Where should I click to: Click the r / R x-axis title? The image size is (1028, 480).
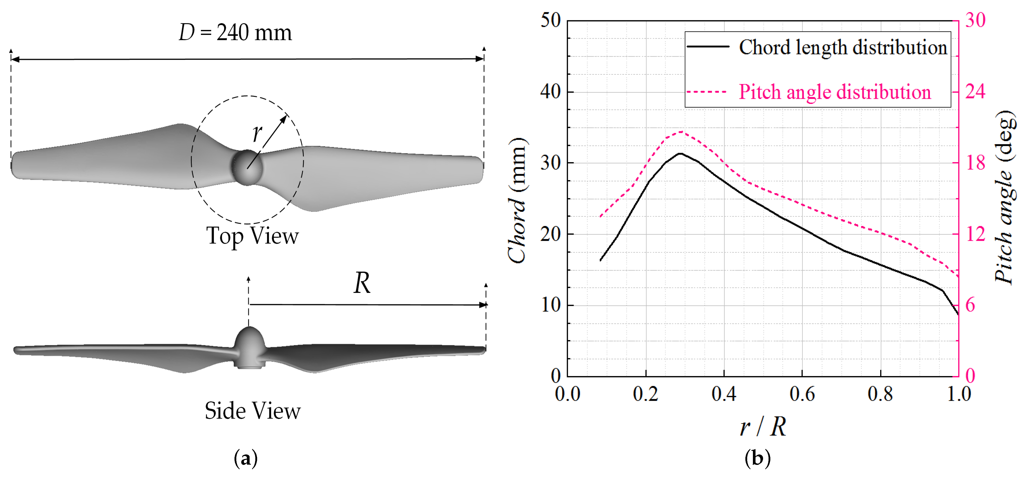(x=763, y=427)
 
